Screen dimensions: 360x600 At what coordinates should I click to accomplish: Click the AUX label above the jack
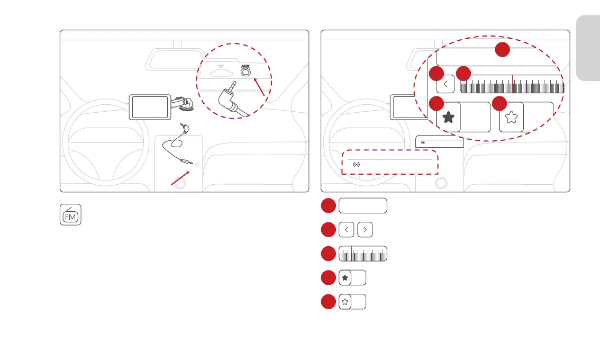tap(244, 67)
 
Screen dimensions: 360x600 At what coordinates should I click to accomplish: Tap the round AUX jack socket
tap(245, 74)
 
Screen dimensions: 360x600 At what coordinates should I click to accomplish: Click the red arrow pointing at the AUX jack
tap(259, 87)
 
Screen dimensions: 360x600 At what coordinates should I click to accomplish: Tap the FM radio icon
tap(70, 215)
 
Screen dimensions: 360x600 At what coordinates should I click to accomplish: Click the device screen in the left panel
tap(150, 107)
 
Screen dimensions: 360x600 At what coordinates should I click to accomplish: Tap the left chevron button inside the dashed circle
tap(446, 83)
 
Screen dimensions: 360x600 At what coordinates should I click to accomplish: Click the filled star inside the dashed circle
tap(448, 118)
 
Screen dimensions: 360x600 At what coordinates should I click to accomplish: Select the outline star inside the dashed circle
tap(512, 118)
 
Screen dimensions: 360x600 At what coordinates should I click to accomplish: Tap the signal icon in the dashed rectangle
tap(357, 165)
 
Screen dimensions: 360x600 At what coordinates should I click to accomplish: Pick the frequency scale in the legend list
tap(363, 254)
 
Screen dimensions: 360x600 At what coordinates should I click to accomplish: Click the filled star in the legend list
tap(345, 277)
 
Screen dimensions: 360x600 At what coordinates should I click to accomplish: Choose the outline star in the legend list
tap(345, 302)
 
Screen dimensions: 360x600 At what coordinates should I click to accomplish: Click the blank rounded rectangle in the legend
tap(363, 206)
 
